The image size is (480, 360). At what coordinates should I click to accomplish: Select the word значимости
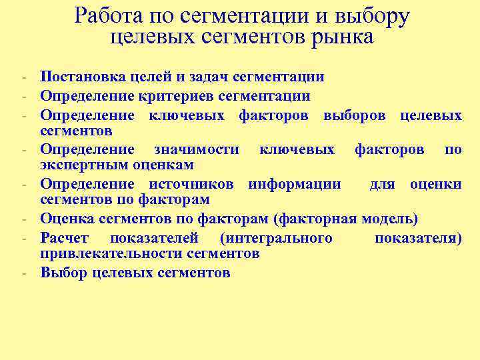pyautogui.click(x=197, y=149)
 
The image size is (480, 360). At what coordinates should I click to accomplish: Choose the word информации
pyautogui.click(x=294, y=184)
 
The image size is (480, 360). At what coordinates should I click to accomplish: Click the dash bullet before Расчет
pyautogui.click(x=23, y=237)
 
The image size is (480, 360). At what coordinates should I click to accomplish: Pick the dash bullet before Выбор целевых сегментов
pyautogui.click(x=23, y=273)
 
